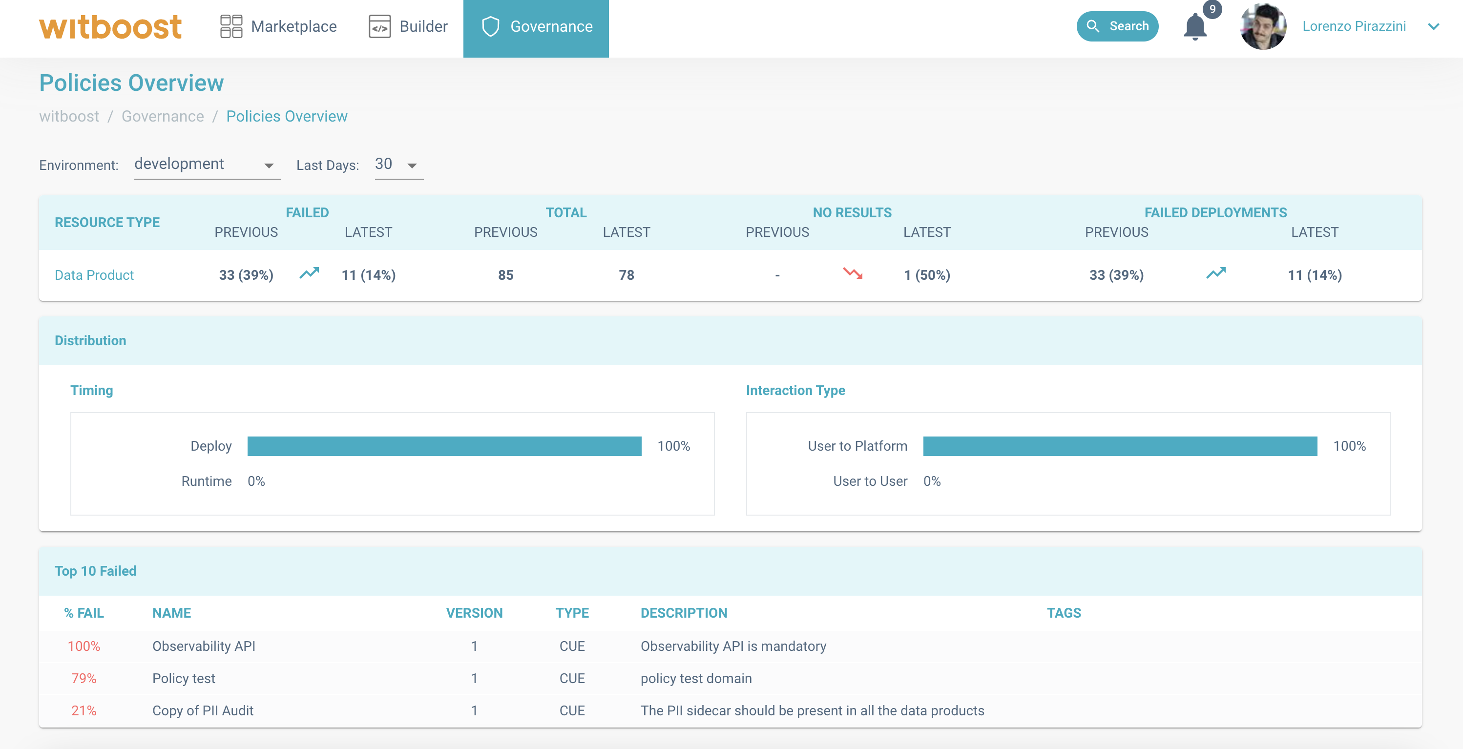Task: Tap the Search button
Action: coord(1117,26)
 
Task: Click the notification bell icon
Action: coord(1195,27)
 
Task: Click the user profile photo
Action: coord(1263,27)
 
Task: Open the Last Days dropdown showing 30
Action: coord(398,165)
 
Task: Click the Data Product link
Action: coord(94,275)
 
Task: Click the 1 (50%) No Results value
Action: coord(927,275)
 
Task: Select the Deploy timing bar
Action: coord(444,446)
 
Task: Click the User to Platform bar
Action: coord(1120,446)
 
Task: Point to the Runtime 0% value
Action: coord(256,481)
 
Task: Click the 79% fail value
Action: coord(84,678)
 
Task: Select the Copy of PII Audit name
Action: coord(203,710)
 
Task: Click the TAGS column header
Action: coord(1064,613)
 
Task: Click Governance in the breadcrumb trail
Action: coord(163,116)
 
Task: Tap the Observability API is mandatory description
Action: coord(733,646)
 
